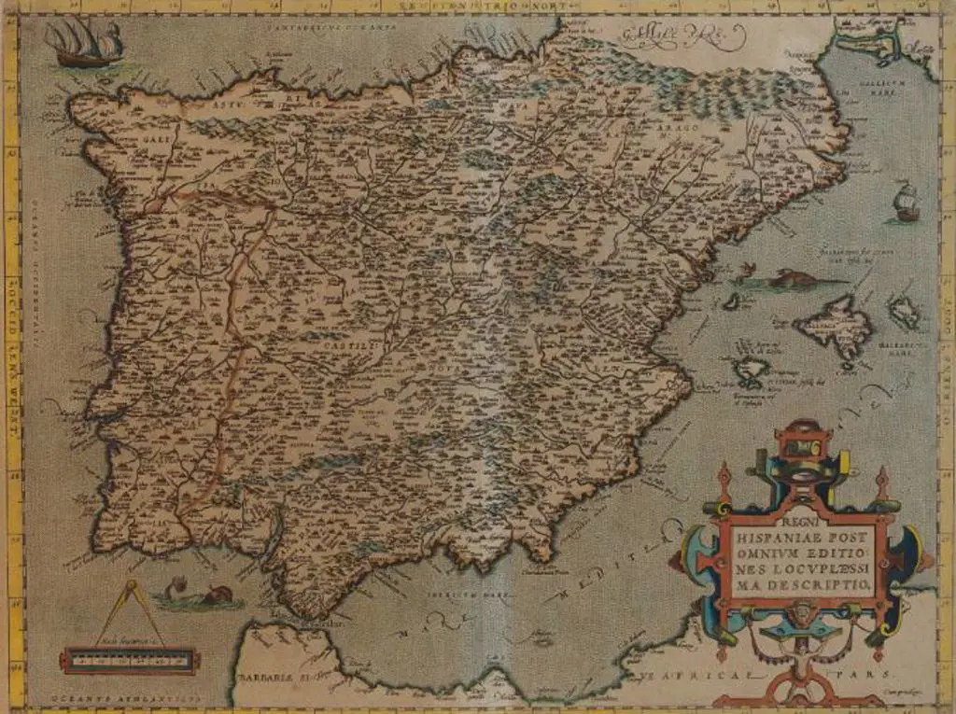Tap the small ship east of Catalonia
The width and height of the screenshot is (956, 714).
pyautogui.click(x=903, y=203)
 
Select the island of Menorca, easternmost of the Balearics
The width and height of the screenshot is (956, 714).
pyautogui.click(x=903, y=310)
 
